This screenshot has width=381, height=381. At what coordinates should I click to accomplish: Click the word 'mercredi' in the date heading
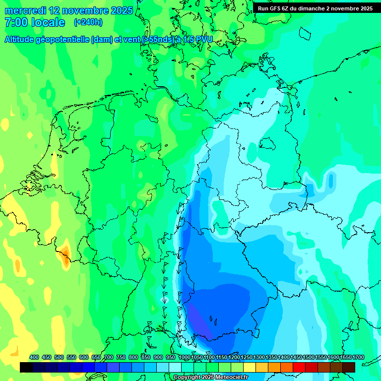coord(26,10)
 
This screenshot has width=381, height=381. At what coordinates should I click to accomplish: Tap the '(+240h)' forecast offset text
coord(88,22)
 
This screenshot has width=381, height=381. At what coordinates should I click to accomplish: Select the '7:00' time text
coord(15,23)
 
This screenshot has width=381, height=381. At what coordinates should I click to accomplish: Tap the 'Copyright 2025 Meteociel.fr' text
coord(210,378)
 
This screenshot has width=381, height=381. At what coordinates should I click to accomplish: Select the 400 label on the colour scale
coord(34,357)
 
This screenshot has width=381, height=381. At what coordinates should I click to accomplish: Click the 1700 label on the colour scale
coord(358,357)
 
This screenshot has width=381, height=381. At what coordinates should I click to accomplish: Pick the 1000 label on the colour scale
coord(185,357)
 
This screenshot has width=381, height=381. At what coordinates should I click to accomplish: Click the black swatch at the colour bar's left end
coord(26,367)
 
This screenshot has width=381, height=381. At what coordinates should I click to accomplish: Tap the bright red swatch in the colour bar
coord(299,367)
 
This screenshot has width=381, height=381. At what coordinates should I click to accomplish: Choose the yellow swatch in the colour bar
coord(250,367)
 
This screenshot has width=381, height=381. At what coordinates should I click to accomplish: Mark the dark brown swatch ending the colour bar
coord(349,367)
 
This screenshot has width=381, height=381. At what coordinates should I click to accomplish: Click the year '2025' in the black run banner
coord(365,8)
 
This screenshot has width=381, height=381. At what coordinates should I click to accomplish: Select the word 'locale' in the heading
coord(48,23)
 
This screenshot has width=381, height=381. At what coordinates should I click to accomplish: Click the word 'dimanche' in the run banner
coord(309,8)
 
